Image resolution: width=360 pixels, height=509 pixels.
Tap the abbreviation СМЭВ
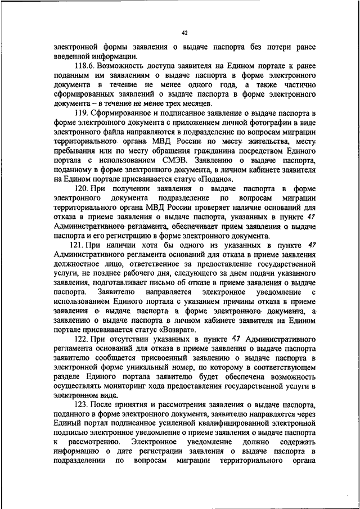pyautogui.click(x=163, y=160)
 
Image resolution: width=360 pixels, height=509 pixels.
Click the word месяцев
pyautogui.click(x=195, y=103)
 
